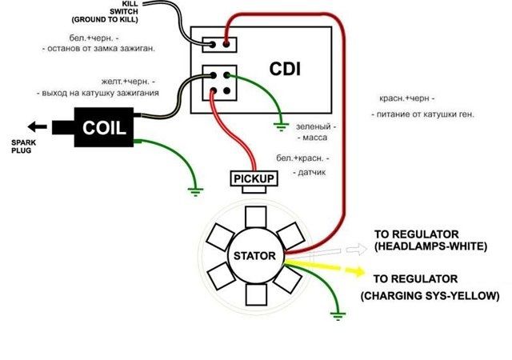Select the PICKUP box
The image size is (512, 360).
[x=254, y=178]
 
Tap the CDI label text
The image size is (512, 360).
[x=286, y=70]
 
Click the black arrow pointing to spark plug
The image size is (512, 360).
[x=37, y=126]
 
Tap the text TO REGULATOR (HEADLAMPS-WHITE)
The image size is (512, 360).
[x=430, y=241]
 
